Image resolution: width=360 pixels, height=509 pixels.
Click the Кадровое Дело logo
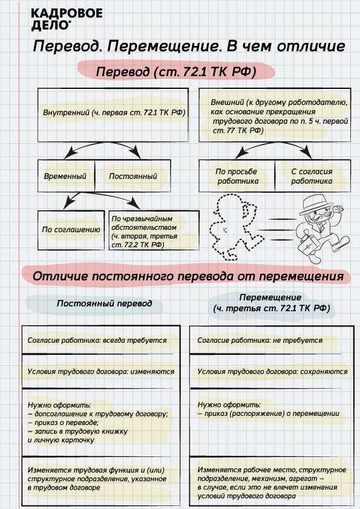(x=57, y=19)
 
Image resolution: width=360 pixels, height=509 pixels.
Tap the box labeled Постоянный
(x=133, y=177)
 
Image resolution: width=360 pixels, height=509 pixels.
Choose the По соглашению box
(x=62, y=230)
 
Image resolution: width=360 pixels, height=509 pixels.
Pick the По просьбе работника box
(x=237, y=176)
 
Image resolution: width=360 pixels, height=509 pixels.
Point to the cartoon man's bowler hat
(x=313, y=201)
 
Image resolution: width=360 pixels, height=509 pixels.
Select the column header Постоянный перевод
(x=105, y=303)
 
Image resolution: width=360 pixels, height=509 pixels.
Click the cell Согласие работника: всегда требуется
(x=97, y=340)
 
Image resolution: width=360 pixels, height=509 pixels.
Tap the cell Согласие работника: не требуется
(x=260, y=340)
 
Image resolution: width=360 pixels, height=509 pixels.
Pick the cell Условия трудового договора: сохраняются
(x=272, y=372)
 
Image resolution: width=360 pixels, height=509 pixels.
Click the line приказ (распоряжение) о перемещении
(x=268, y=413)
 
